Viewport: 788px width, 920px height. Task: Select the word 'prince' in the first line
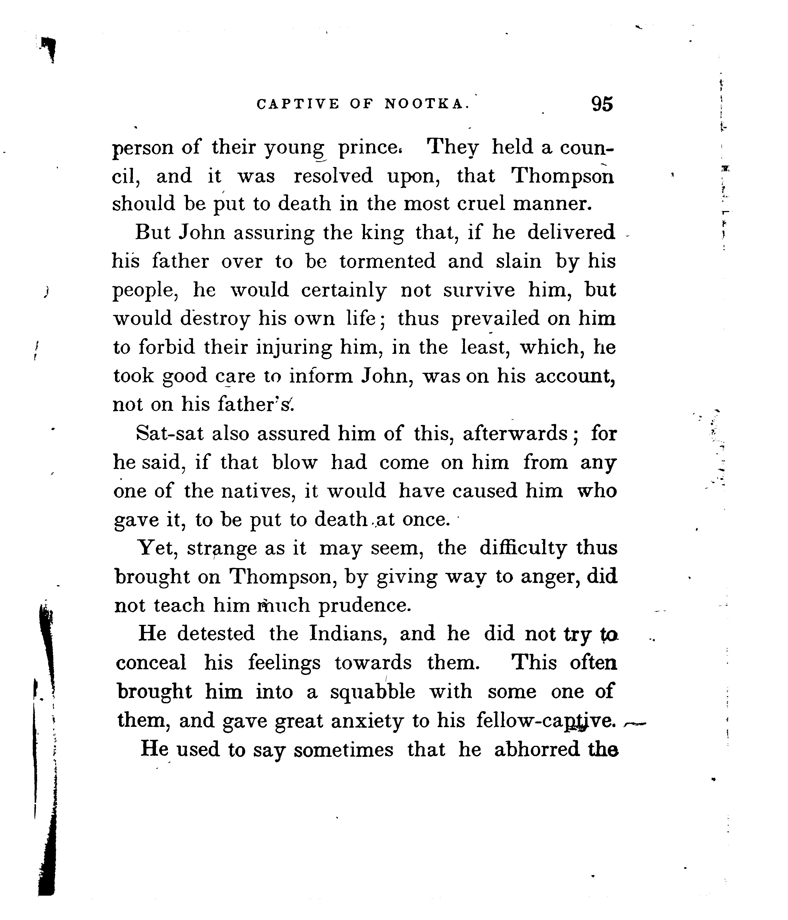(370, 147)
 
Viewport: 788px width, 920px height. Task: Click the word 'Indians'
(346, 634)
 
